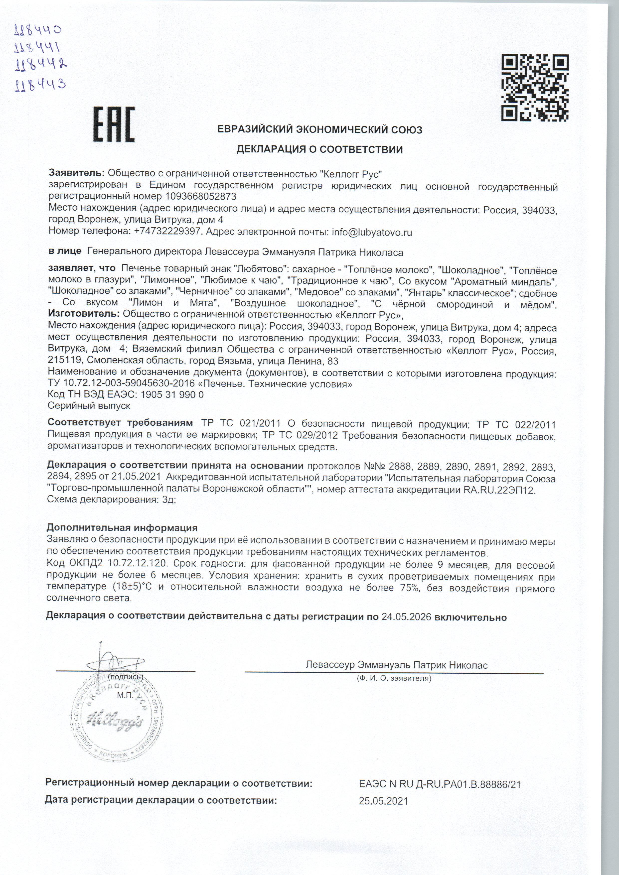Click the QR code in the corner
click(535, 87)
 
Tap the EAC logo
click(114, 124)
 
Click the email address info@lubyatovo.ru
click(372, 232)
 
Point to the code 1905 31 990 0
click(172, 394)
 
